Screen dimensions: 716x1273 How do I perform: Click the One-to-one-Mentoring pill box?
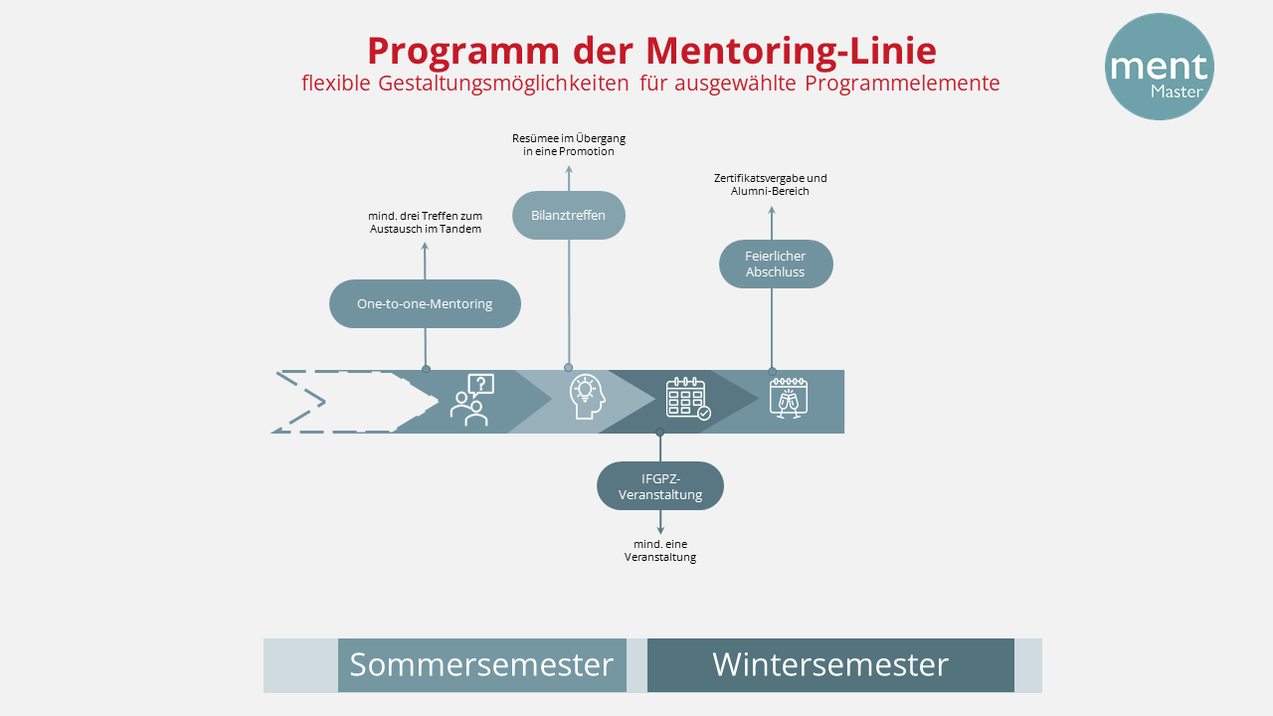425,304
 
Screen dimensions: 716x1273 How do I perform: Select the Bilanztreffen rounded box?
569,216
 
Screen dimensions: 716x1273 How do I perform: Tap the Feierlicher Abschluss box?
776,265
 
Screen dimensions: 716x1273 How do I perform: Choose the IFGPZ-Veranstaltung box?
660,486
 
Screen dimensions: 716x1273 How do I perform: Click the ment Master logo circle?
1159,67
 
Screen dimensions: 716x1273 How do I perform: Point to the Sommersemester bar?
481,665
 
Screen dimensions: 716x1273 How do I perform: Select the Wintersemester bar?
830,665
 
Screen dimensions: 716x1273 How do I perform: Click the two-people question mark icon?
471,400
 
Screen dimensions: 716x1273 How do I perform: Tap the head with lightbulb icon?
586,397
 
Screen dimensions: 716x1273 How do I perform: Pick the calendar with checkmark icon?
687,398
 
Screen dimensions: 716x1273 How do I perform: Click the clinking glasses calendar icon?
789,397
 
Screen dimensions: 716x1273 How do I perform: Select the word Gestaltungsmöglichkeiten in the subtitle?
504,84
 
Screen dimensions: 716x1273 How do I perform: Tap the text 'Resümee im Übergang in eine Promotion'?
569,145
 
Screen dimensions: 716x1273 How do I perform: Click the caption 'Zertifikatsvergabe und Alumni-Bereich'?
771,185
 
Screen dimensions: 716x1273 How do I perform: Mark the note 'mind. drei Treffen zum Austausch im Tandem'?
425,223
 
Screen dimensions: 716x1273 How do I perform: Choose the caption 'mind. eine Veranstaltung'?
660,551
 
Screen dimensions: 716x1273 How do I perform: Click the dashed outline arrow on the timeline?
343,402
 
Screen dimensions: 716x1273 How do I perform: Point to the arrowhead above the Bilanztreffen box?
569,170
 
